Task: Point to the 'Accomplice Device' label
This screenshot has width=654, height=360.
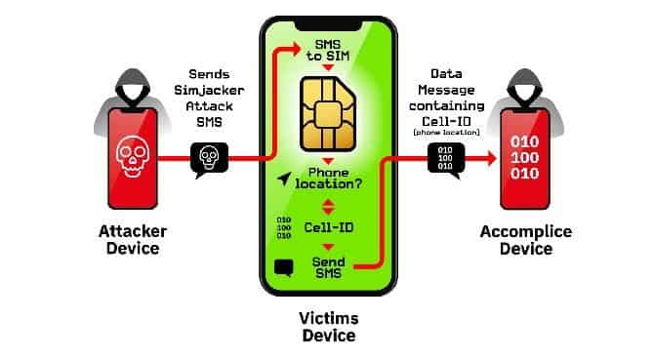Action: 517,240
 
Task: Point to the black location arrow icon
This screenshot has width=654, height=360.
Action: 284,179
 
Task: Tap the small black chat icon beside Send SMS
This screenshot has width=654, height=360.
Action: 284,265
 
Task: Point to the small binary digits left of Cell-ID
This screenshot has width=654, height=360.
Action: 284,227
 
